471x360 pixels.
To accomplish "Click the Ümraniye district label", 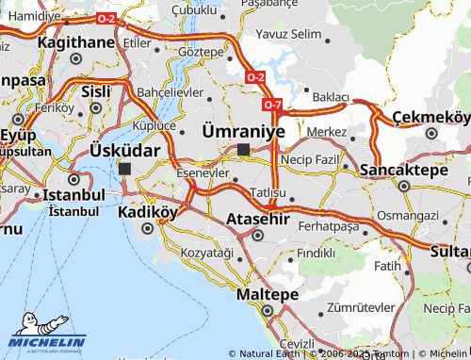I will tap(243, 131).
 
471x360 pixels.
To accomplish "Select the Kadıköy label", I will tap(147, 212).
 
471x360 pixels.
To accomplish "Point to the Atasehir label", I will tap(256, 220).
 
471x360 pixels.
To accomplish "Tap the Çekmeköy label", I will tap(430, 117).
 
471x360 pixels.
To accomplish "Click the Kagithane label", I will tap(75, 42).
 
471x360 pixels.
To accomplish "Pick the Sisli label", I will tap(96, 92).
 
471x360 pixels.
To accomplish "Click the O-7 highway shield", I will tap(272, 104).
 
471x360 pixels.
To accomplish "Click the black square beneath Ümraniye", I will tap(243, 149).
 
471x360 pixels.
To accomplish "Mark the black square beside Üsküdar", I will tap(125, 168).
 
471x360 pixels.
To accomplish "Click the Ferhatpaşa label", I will tap(328, 227).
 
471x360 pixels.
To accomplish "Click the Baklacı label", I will tap(331, 97).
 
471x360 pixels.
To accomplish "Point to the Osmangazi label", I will tap(407, 216).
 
